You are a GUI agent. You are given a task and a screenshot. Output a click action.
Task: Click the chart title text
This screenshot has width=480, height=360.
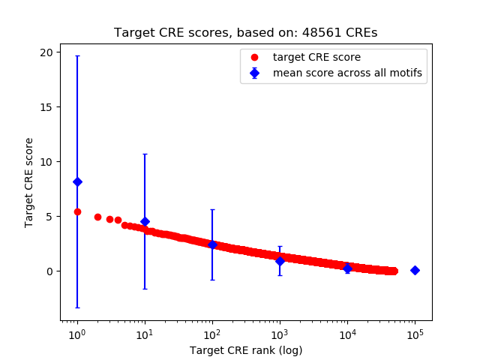pyautogui.click(x=245, y=33)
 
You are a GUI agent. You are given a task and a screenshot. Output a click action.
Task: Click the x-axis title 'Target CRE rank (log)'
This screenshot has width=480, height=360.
pyautogui.click(x=245, y=350)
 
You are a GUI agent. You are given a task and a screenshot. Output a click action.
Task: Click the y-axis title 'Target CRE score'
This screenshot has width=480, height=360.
pyautogui.click(x=29, y=182)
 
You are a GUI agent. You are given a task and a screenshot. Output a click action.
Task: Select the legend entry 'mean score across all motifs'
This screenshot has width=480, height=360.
pyautogui.click(x=347, y=73)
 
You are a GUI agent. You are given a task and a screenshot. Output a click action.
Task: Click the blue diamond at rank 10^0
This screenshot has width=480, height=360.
pyautogui.click(x=77, y=181)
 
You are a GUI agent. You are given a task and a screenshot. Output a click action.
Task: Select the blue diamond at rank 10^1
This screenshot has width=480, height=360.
pyautogui.click(x=145, y=221)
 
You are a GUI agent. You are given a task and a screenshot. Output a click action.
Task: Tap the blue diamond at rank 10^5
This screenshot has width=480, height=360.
pyautogui.click(x=415, y=270)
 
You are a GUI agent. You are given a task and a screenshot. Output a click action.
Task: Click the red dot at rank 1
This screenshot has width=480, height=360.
pyautogui.click(x=77, y=211)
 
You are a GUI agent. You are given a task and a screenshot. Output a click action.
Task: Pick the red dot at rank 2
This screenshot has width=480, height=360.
pyautogui.click(x=97, y=217)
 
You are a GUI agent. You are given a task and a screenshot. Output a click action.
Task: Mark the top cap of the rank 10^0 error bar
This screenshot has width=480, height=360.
pyautogui.click(x=77, y=56)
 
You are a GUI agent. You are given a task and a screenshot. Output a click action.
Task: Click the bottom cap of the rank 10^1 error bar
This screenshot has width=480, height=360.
pyautogui.click(x=145, y=289)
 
